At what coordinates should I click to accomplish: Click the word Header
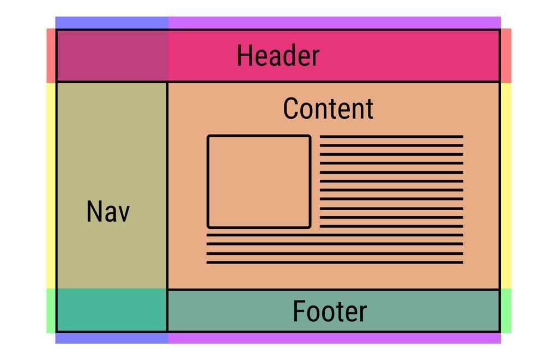point(278,56)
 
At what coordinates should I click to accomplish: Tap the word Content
point(328,108)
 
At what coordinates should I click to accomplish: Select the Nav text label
point(108,211)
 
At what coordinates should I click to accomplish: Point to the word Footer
point(330,312)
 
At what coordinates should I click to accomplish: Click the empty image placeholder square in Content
point(259,181)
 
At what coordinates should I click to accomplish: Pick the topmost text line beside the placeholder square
point(391,137)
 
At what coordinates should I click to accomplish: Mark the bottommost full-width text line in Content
point(335,263)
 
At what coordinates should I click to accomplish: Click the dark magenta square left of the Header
point(112,56)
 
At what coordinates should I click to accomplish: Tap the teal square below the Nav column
point(112,310)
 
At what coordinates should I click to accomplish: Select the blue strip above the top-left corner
point(112,23)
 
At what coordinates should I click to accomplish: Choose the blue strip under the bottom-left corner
point(112,338)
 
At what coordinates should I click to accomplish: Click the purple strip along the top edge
point(334,23)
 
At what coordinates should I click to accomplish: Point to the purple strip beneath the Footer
point(334,338)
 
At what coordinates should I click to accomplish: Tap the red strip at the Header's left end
point(51,56)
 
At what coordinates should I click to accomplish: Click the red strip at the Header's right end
point(506,56)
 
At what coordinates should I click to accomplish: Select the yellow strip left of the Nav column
point(51,185)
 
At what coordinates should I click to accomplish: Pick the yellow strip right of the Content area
point(506,185)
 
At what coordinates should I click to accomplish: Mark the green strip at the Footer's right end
point(506,310)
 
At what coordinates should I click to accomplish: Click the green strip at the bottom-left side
point(51,310)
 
